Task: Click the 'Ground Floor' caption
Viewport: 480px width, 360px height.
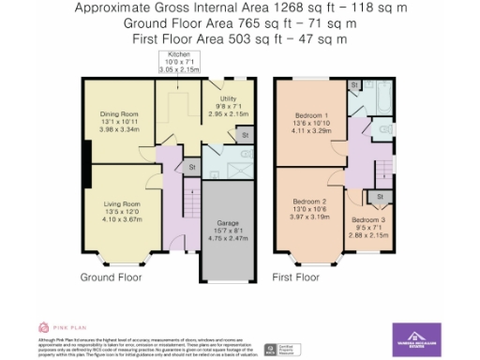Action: (111, 277)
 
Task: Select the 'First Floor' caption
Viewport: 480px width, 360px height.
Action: (296, 277)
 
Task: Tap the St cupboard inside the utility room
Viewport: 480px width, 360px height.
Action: (244, 135)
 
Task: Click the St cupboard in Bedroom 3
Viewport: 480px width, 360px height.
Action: (381, 196)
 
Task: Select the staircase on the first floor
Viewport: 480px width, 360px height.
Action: (382, 170)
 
